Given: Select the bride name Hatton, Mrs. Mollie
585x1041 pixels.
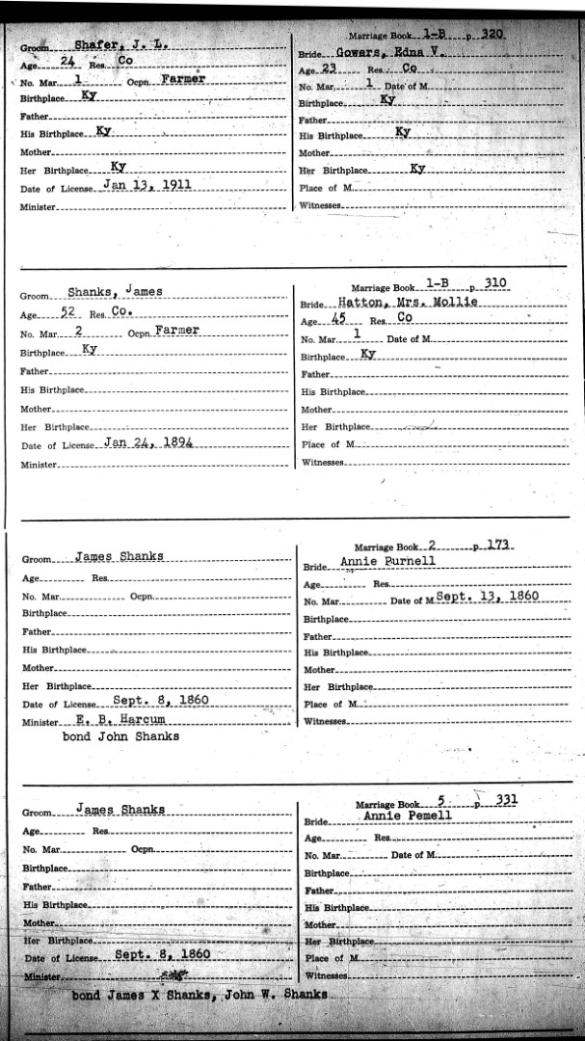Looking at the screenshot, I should [396, 303].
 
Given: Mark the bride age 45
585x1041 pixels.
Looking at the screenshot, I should [338, 321].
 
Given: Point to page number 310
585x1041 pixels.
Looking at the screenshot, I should [496, 283].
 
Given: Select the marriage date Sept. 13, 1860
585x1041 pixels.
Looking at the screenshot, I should [486, 598].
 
